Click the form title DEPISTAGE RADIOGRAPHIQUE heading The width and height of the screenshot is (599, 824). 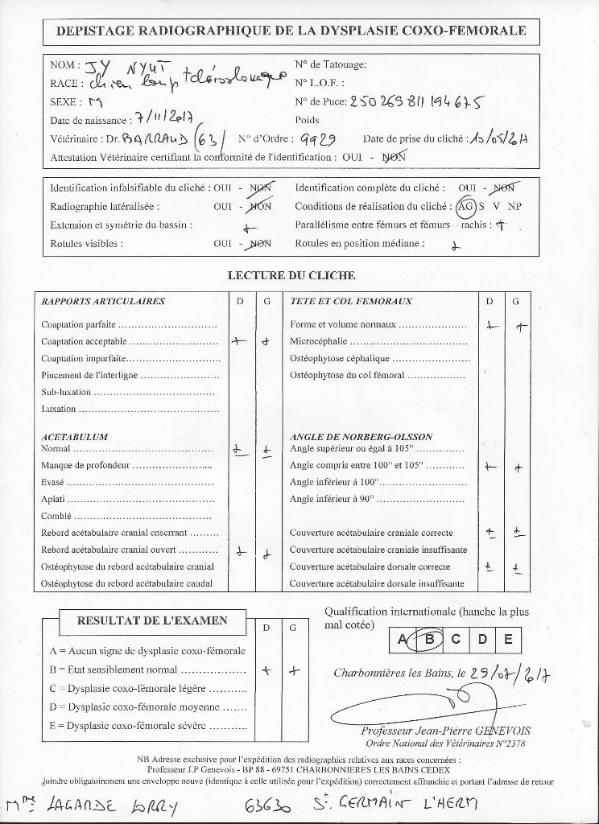pyautogui.click(x=291, y=31)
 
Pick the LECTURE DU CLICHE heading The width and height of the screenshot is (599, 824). pyautogui.click(x=291, y=275)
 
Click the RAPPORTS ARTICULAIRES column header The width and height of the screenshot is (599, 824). pyautogui.click(x=103, y=302)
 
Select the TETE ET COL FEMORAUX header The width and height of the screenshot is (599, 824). pyautogui.click(x=351, y=302)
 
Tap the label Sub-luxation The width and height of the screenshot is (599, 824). pyautogui.click(x=67, y=393)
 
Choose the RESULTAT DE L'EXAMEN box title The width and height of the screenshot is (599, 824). pyautogui.click(x=151, y=620)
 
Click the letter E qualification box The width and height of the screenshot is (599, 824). pyautogui.click(x=507, y=640)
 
